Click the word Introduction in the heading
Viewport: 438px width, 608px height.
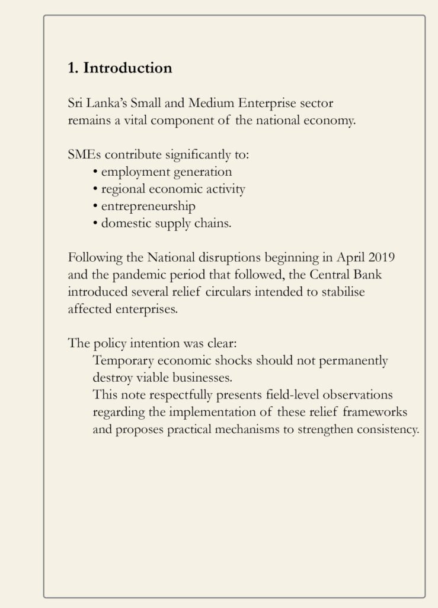(x=127, y=68)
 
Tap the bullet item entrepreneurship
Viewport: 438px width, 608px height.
(x=148, y=207)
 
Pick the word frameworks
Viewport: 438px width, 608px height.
(x=375, y=413)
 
